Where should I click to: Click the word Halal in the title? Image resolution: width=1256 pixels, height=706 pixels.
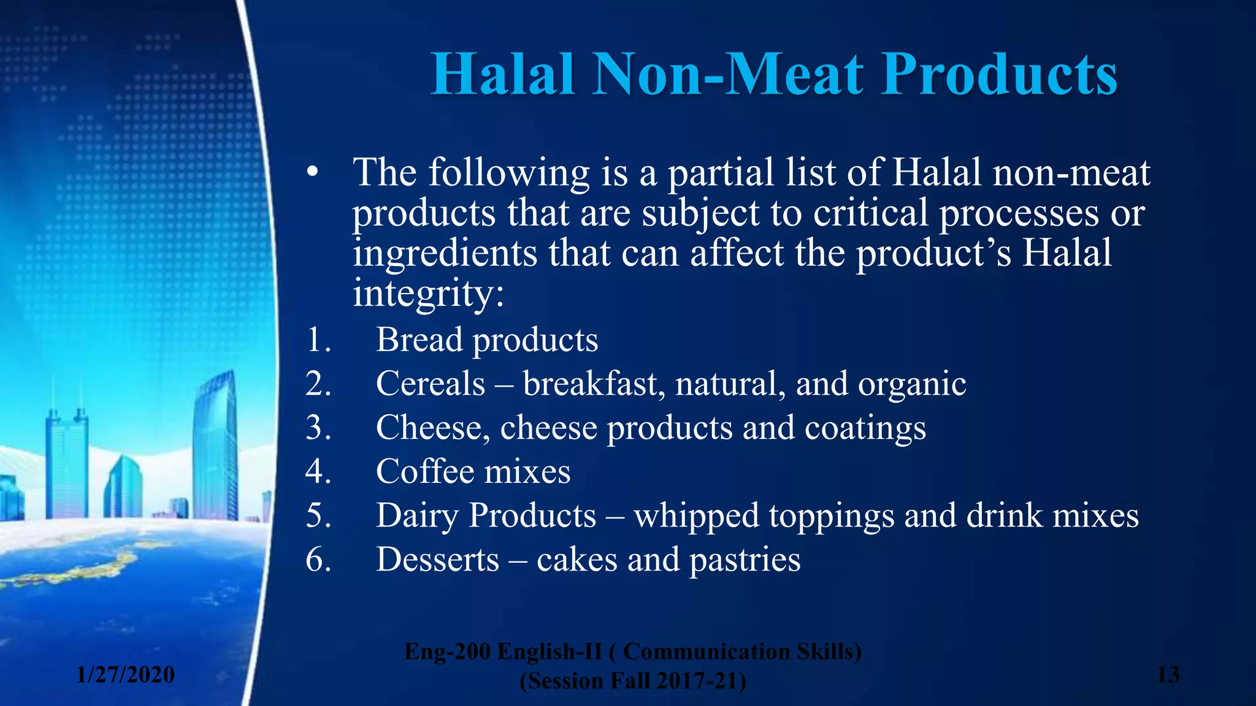[503, 75]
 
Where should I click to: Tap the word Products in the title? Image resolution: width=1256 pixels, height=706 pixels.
[1000, 75]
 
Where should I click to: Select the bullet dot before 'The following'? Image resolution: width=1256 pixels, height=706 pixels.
[313, 173]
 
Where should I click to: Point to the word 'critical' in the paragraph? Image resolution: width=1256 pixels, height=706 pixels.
[871, 214]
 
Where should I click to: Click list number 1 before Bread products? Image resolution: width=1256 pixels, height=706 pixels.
[318, 340]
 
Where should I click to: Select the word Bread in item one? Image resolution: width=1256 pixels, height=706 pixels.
[419, 340]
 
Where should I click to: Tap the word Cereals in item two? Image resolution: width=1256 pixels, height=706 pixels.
[431, 384]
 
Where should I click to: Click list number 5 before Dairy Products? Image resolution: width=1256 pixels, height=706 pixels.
[318, 516]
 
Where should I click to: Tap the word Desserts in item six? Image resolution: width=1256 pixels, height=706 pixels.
[437, 560]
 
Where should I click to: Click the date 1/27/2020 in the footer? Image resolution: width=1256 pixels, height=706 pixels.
[126, 675]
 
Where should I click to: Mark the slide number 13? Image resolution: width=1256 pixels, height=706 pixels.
[1168, 675]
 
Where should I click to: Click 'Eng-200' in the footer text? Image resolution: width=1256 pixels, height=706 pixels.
[448, 652]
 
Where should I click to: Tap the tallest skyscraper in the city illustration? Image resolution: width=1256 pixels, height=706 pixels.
[215, 447]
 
